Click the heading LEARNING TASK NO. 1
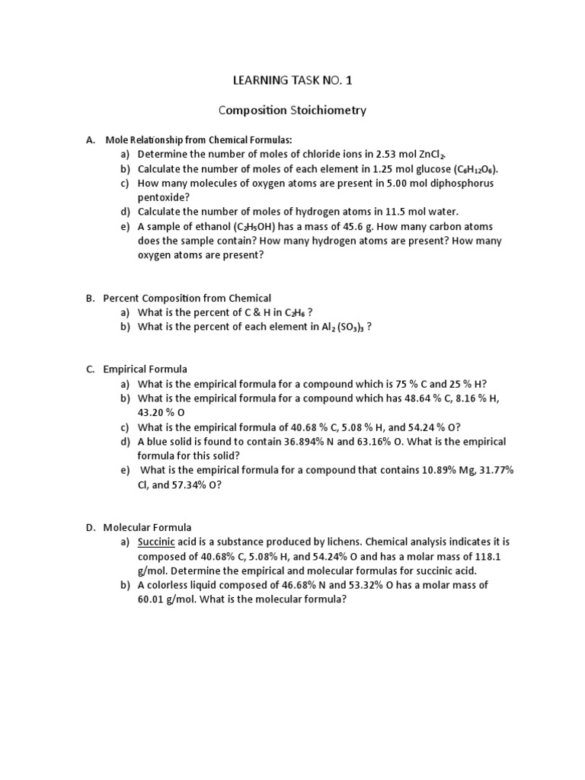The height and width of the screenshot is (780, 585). [x=292, y=79]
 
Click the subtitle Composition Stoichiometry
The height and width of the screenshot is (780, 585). [x=292, y=110]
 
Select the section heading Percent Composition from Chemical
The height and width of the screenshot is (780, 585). [x=187, y=298]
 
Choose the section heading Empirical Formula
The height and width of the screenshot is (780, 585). [x=145, y=369]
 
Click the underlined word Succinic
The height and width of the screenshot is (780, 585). [x=156, y=542]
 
